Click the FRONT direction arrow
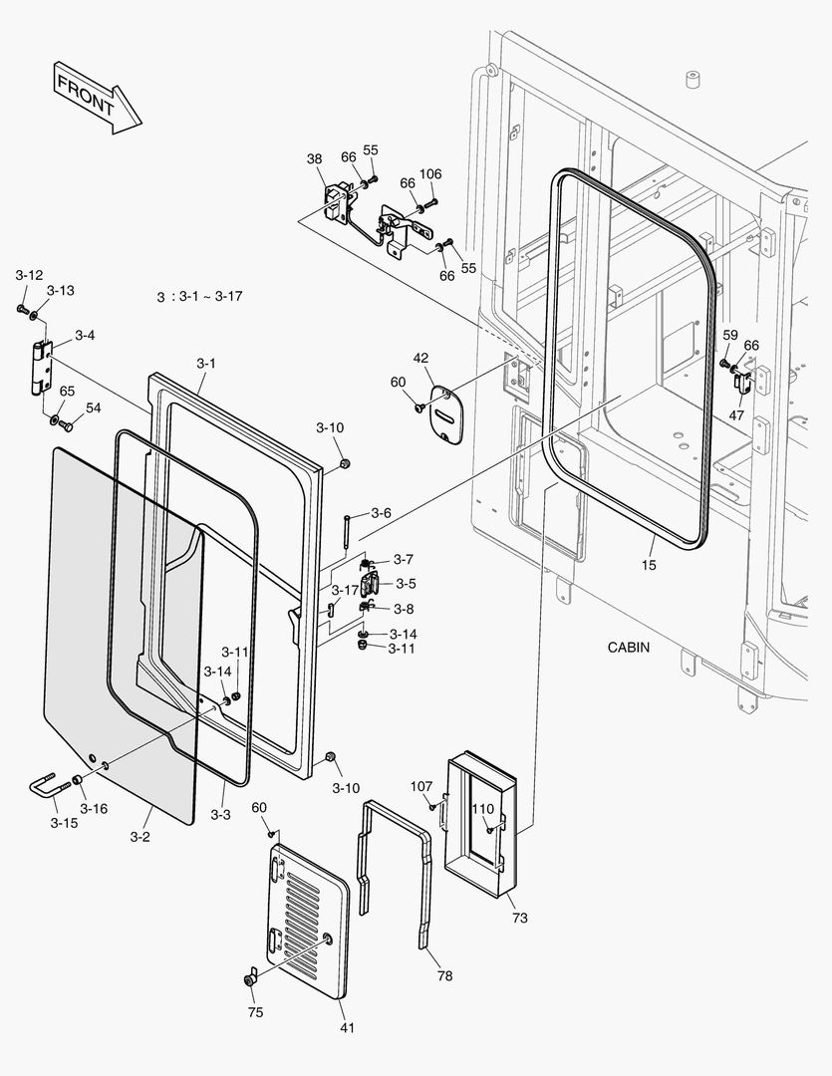pos(98,96)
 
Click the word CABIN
pos(628,647)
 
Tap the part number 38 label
pos(314,159)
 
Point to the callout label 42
pos(420,358)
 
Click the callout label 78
pos(444,975)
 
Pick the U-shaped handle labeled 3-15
pos(47,788)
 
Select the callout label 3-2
pos(139,836)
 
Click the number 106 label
pos(429,174)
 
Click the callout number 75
pos(256,1012)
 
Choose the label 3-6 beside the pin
pos(381,513)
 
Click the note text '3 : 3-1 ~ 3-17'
pos(199,297)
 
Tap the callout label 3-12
pos(29,274)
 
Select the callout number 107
pos(421,785)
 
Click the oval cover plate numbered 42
pos(444,410)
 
